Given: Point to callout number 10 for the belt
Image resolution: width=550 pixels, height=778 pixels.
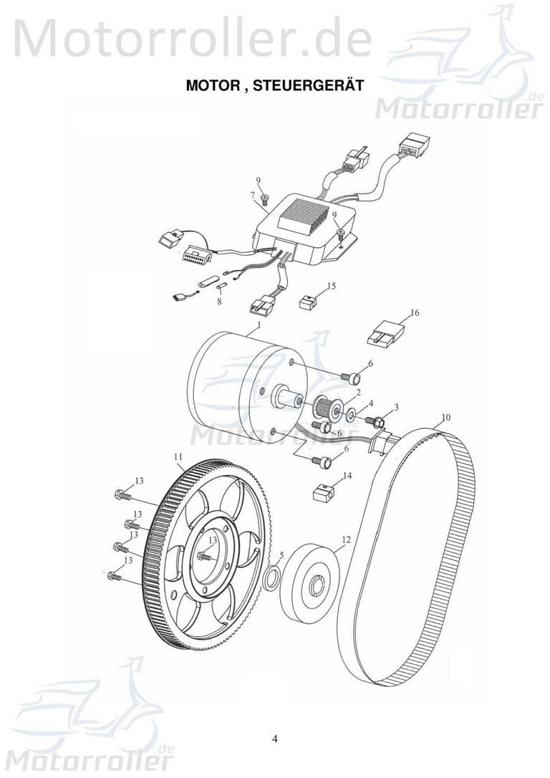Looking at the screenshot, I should point(445,417).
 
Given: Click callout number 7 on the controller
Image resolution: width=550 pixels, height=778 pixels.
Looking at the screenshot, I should point(253,195).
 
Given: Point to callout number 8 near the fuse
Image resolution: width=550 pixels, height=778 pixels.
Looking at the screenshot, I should point(219,303).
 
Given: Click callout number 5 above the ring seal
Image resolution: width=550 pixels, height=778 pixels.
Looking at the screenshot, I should point(281,554).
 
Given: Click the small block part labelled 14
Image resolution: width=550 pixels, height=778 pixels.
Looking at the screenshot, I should point(324,493).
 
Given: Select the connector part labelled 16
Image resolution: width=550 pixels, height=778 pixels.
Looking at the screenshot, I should point(385,333).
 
